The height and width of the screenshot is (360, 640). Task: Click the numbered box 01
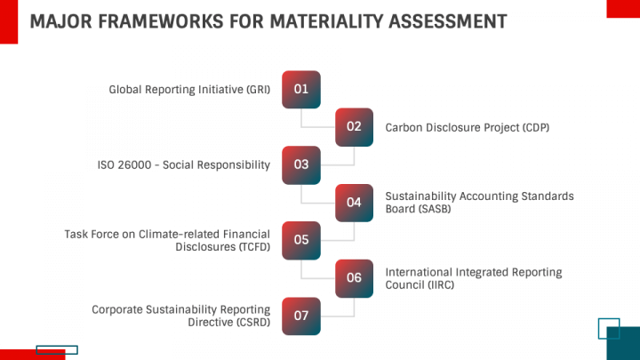(300, 89)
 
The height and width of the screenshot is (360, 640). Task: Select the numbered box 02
(354, 126)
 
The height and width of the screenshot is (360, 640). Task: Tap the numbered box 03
(300, 164)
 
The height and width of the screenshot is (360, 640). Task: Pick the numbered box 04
(354, 202)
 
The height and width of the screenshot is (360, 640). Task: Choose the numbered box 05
(300, 240)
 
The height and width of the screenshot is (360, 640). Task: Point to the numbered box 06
(354, 277)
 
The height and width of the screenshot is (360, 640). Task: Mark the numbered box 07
(300, 316)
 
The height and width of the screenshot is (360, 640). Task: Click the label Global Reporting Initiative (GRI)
(188, 90)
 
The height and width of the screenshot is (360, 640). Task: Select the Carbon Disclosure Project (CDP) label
(467, 127)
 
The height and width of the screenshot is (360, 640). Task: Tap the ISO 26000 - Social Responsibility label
(183, 164)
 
